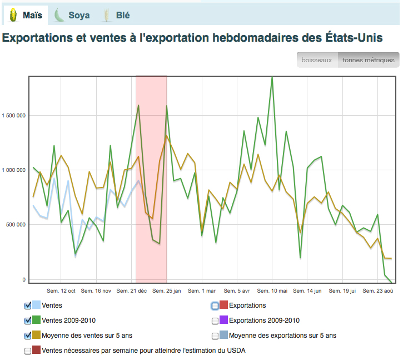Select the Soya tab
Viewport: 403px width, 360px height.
[x=72, y=16]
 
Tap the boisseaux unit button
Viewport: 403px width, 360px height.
[x=317, y=60]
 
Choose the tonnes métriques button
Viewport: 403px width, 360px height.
[x=368, y=60]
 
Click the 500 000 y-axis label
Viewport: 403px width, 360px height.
[x=16, y=225]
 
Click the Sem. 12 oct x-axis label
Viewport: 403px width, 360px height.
[x=61, y=290]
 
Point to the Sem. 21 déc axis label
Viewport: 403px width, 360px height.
[x=132, y=290]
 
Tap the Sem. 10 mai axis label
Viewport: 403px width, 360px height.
[x=272, y=290]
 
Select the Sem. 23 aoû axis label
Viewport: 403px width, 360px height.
[x=378, y=290]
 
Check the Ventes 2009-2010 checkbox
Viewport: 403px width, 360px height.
[x=28, y=320]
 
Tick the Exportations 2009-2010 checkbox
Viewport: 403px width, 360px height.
[x=215, y=320]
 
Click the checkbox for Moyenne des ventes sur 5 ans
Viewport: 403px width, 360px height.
[x=28, y=336]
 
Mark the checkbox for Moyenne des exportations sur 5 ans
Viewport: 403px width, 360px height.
[x=215, y=336]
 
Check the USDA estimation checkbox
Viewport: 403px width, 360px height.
[x=28, y=351]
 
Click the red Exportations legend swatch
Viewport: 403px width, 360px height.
[x=224, y=305]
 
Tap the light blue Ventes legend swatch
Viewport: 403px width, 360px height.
[x=37, y=305]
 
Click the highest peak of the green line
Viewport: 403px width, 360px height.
[x=272, y=77]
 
